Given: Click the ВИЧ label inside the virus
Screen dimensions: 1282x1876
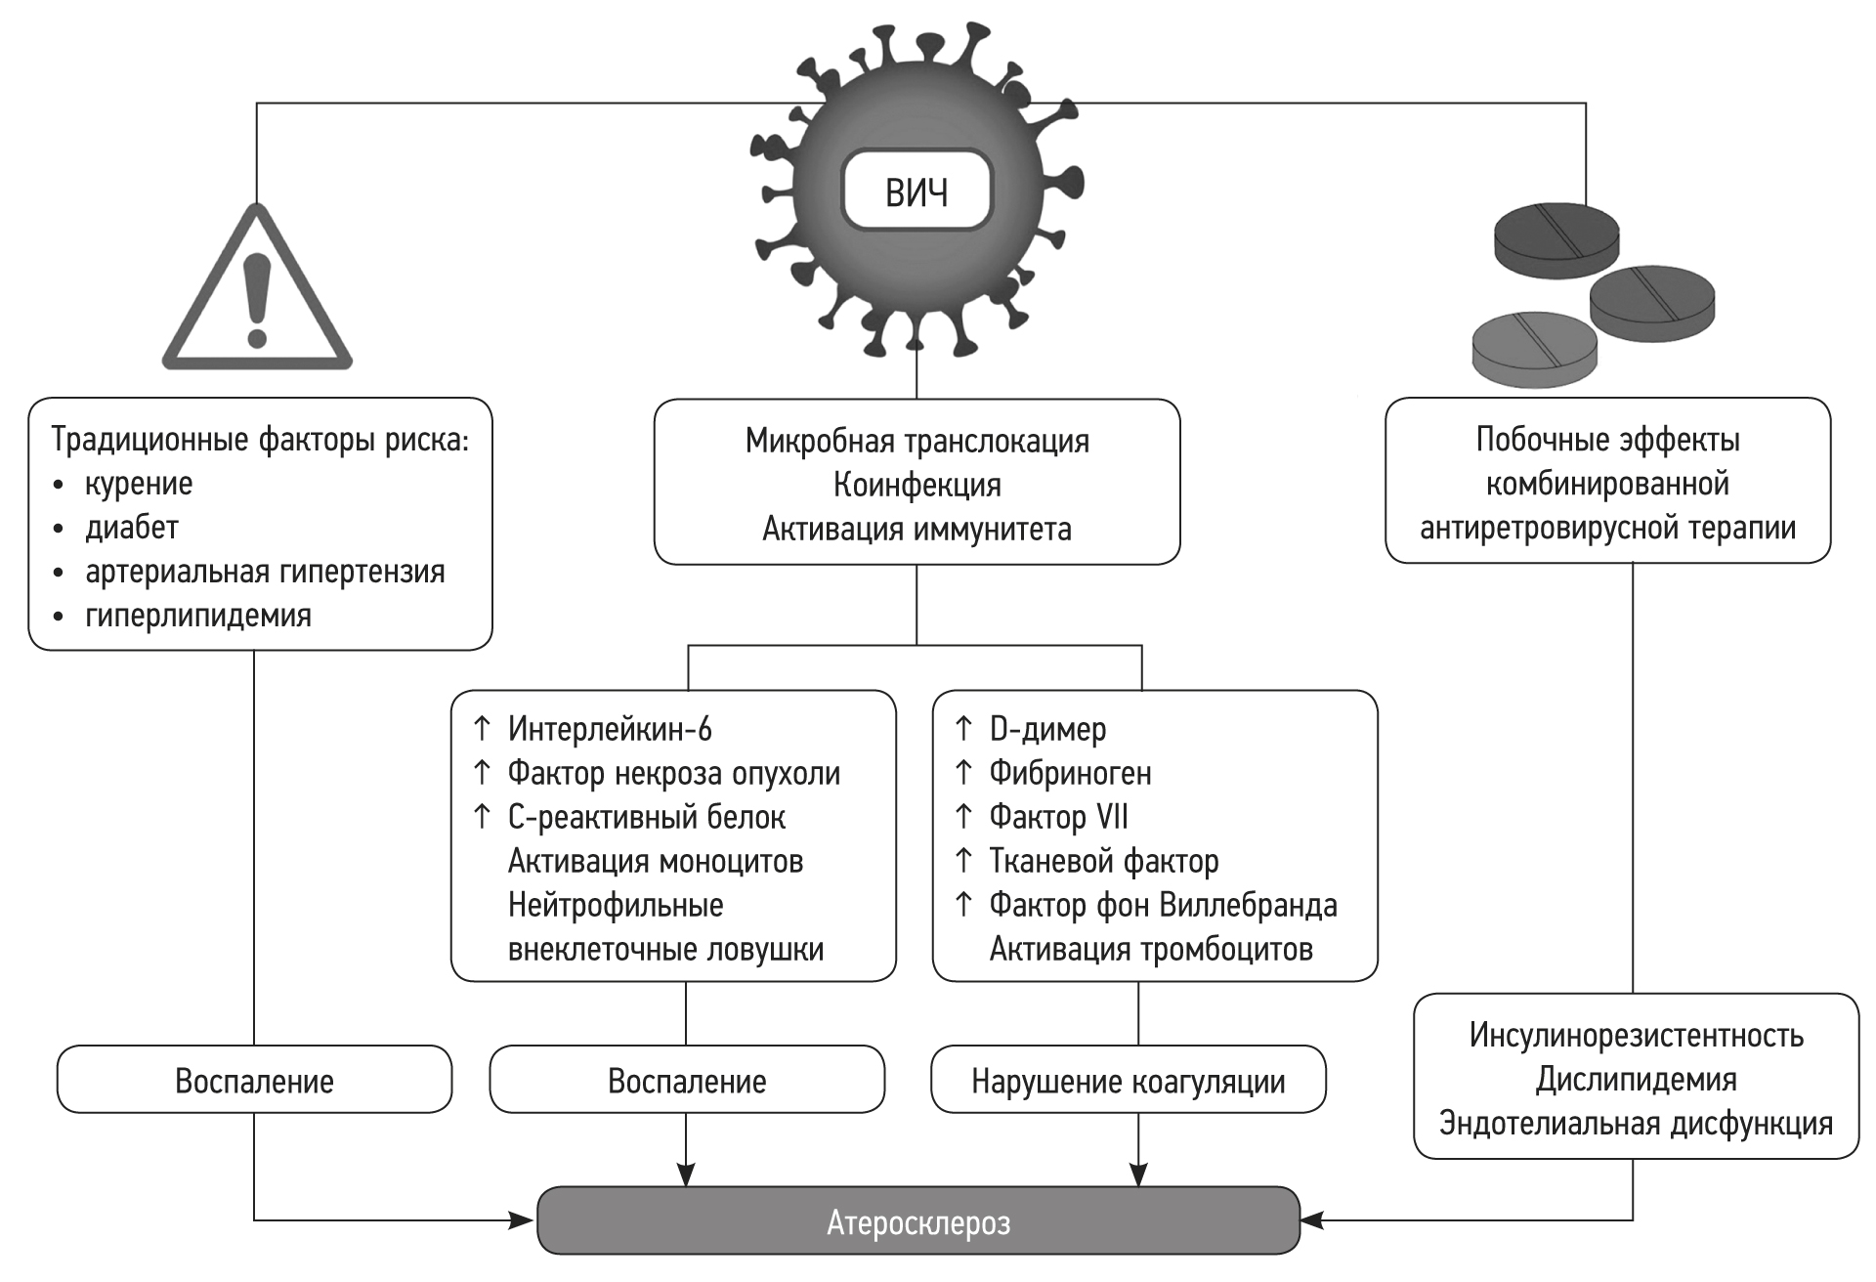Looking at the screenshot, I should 917,192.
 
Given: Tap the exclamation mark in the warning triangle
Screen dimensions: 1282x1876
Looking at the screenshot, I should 257,299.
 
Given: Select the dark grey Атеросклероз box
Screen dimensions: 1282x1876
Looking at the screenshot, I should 918,1221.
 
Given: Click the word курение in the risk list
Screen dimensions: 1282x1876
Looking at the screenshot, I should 139,484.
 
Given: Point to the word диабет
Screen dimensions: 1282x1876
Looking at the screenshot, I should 132,528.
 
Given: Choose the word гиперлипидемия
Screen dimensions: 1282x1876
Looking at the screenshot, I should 198,616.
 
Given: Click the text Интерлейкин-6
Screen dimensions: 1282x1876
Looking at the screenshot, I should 610,729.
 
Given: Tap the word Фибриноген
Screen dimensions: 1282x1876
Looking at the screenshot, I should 1070,773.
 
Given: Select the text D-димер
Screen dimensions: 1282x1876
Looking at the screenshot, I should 1047,729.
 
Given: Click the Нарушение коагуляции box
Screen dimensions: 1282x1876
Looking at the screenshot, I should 1129,1081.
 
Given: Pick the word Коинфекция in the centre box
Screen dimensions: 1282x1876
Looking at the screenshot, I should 917,485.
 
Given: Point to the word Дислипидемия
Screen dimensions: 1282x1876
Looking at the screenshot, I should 1636,1080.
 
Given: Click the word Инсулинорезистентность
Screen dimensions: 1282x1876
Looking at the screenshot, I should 1636,1036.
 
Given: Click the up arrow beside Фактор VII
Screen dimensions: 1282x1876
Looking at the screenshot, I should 964,816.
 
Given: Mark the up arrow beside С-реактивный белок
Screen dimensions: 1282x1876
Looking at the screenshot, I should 482,816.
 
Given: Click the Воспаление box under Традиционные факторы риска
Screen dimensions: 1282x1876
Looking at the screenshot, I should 254,1081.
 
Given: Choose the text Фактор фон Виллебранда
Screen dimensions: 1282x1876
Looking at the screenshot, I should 1163,905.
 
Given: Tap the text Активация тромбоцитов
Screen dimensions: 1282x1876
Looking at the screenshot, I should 1151,949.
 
